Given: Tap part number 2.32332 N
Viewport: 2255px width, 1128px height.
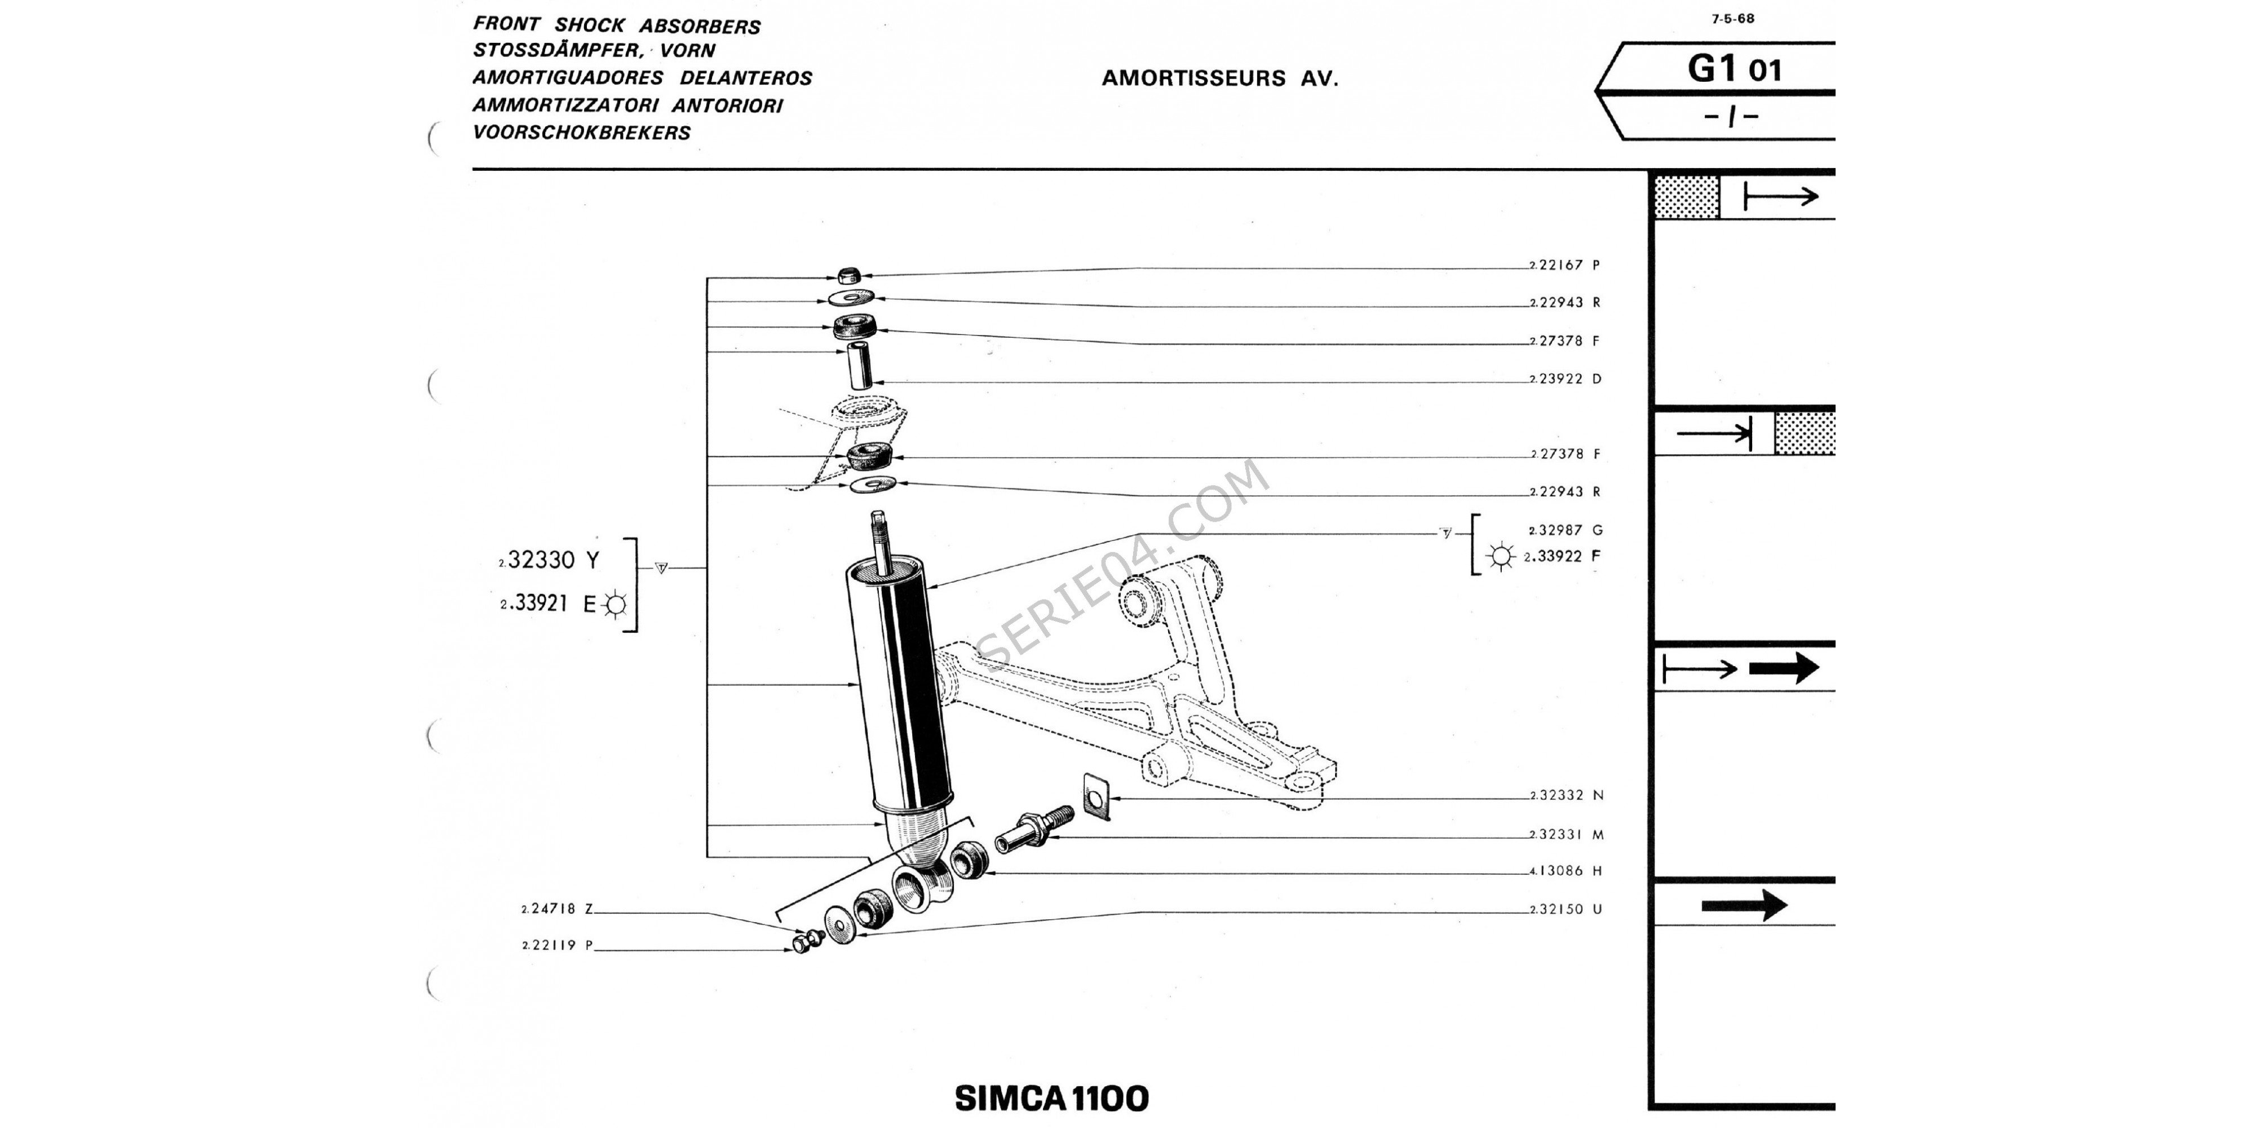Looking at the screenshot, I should coord(1566,796).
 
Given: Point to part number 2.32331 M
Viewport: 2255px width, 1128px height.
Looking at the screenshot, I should coord(1566,835).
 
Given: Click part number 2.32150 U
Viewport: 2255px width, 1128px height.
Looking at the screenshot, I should coord(1566,910).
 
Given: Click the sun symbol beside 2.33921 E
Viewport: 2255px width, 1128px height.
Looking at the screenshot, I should coord(616,604).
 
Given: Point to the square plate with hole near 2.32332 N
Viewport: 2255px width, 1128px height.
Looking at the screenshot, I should coord(1095,797).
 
